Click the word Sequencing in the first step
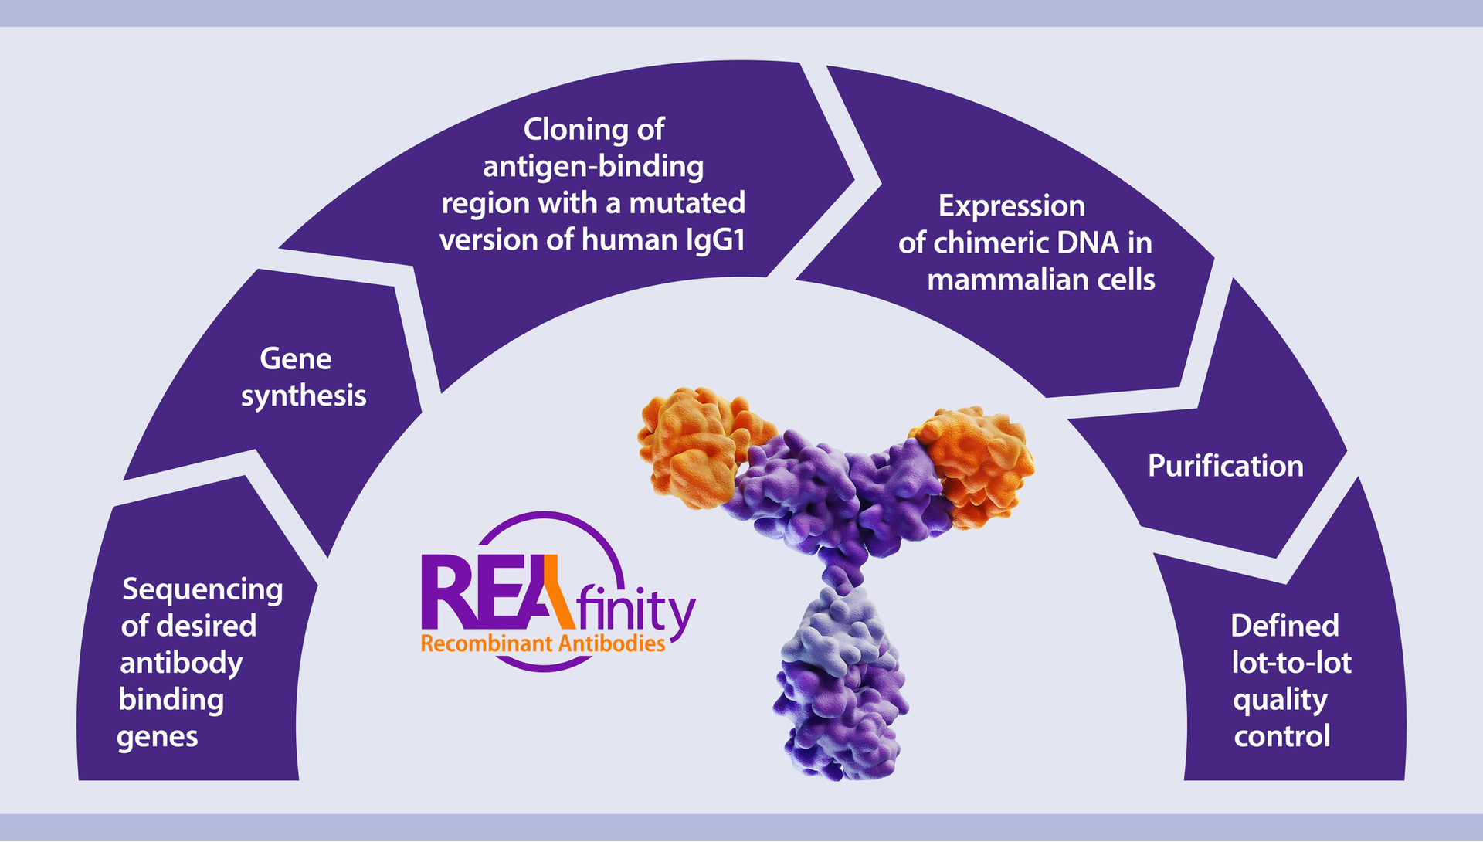202,590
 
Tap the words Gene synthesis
303,377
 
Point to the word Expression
1011,206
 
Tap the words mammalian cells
1040,280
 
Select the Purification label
1225,467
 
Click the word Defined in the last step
1284,626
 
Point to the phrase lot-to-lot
1291,663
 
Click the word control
1281,736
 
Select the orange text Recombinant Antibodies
542,644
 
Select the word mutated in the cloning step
687,203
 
